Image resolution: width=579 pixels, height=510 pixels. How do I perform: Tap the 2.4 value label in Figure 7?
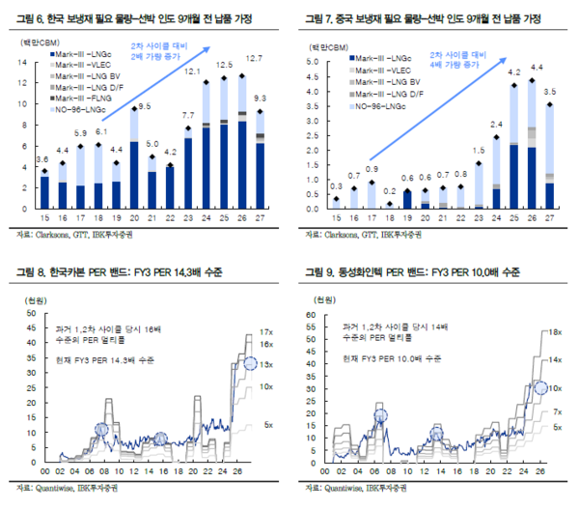tap(496, 126)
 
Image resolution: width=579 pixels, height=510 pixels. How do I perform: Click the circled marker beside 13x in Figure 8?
tap(252, 363)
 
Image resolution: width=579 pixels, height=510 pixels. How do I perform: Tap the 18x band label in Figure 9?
tap(555, 331)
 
